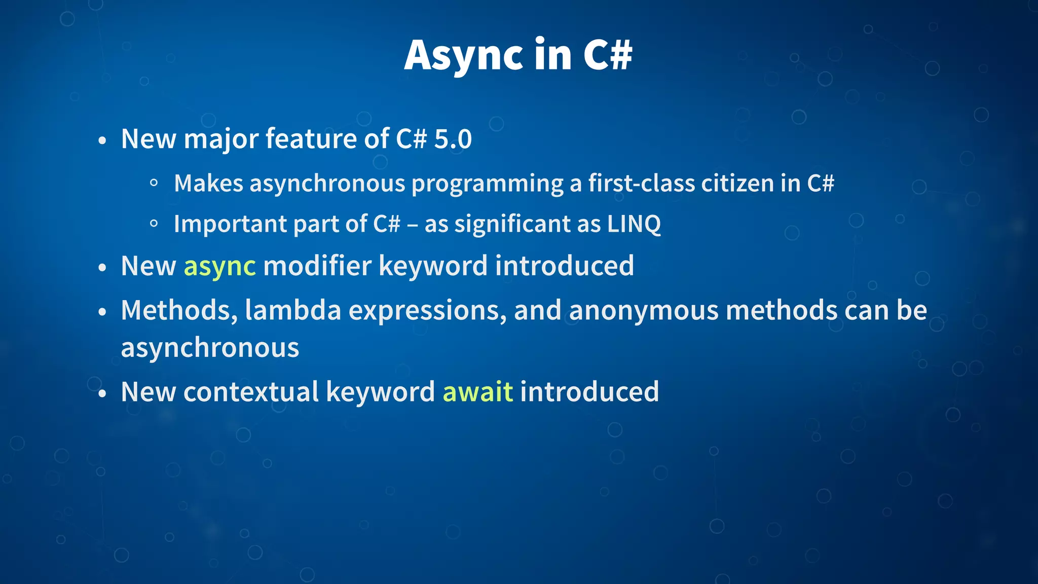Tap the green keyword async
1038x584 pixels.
pos(219,266)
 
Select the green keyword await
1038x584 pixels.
pos(477,392)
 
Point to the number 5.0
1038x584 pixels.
pos(453,139)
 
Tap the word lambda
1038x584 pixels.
pos(293,310)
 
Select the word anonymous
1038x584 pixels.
pos(644,310)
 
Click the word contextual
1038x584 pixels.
pos(251,392)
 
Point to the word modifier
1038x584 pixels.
pos(317,266)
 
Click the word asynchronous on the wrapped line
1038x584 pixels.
pos(210,348)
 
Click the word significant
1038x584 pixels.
pos(512,224)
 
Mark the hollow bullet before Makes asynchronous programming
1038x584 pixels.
pos(154,184)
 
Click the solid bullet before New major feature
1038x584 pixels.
pos(102,140)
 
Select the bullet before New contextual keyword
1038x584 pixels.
pos(102,394)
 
